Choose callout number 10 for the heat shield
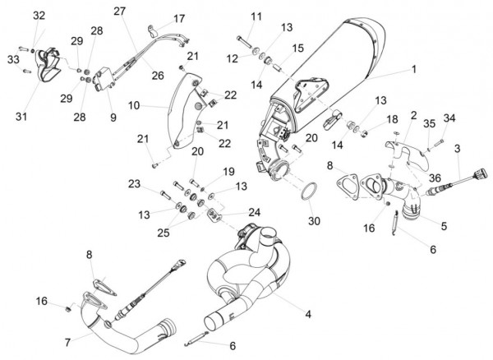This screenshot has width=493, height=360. [x=136, y=105]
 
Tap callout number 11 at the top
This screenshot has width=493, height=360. [x=256, y=16]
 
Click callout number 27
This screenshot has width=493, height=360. [x=120, y=11]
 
